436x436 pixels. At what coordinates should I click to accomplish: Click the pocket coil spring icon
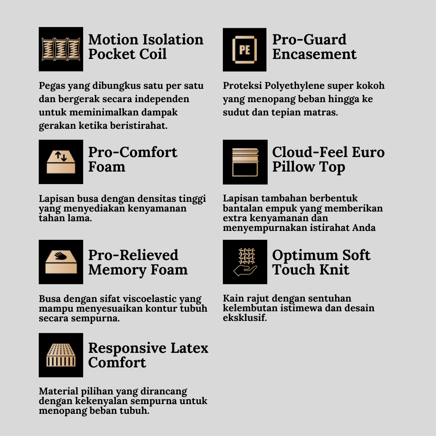click(x=61, y=49)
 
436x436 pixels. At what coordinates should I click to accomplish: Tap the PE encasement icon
click(x=245, y=50)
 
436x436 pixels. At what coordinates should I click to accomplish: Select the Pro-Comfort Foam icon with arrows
click(x=61, y=162)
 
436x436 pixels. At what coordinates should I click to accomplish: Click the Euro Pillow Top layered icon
click(x=245, y=162)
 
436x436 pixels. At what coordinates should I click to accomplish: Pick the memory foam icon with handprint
click(x=61, y=262)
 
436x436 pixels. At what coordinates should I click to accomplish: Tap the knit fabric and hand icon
click(x=245, y=262)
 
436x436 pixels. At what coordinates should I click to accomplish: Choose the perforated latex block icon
click(x=61, y=355)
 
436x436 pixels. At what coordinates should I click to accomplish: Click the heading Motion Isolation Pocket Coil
click(x=146, y=47)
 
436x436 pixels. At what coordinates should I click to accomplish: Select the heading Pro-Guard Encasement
click(x=314, y=47)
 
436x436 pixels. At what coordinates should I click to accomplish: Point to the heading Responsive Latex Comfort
click(x=148, y=355)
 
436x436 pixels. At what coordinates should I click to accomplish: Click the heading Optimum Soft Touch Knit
click(x=321, y=262)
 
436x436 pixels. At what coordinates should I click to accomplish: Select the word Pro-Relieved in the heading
click(x=133, y=255)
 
